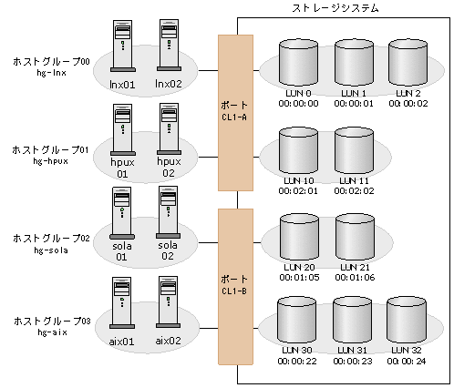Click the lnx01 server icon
click(122, 46)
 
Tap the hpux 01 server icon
click(122, 128)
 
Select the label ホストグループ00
click(49, 61)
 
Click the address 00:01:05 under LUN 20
click(297, 276)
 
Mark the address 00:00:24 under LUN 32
click(408, 361)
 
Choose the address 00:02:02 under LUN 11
click(354, 191)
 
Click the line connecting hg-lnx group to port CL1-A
click(208, 68)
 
